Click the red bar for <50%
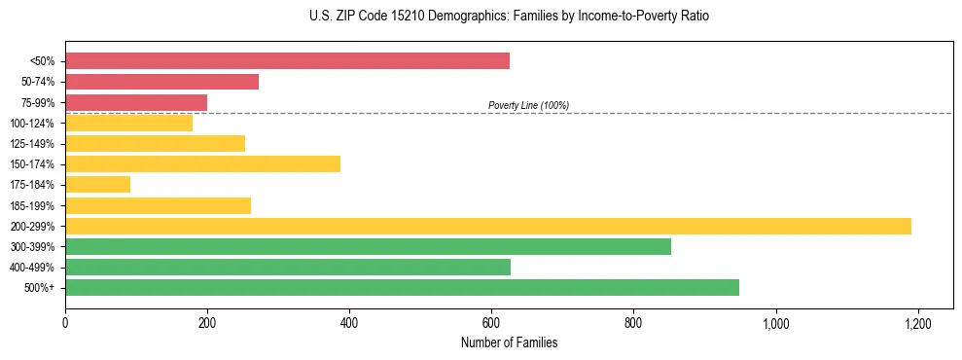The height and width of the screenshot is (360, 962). (287, 61)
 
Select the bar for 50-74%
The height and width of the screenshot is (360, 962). (161, 82)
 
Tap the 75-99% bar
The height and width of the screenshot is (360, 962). (136, 102)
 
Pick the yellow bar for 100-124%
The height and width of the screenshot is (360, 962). (128, 123)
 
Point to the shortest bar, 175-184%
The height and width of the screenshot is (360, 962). (97, 184)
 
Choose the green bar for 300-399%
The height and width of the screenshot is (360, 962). (368, 246)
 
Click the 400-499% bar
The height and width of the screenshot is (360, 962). (288, 267)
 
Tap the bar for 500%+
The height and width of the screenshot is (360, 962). (402, 287)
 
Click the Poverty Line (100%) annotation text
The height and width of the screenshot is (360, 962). (528, 105)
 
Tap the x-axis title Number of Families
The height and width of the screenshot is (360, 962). (509, 342)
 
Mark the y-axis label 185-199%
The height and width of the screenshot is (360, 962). (32, 205)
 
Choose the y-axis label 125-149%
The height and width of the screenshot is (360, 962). (32, 143)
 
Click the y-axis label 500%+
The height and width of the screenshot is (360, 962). (40, 287)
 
